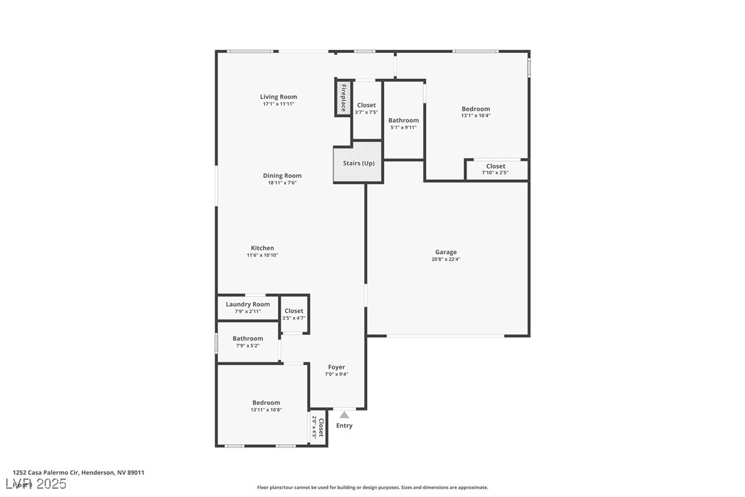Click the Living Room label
279,97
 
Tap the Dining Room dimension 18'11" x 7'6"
282,183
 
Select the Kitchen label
262,248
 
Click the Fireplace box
343,98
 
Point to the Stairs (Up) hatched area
358,163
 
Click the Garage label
445,252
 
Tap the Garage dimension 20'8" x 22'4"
445,259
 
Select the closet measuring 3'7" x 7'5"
366,108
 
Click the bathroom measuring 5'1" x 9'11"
403,124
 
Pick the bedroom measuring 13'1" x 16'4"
475,112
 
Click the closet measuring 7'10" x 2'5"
495,169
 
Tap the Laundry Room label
248,304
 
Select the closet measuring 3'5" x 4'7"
294,314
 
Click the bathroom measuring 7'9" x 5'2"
248,341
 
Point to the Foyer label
336,367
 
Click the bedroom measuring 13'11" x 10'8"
265,406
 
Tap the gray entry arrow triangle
344,415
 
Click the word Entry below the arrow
344,426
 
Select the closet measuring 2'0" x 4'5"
317,428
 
